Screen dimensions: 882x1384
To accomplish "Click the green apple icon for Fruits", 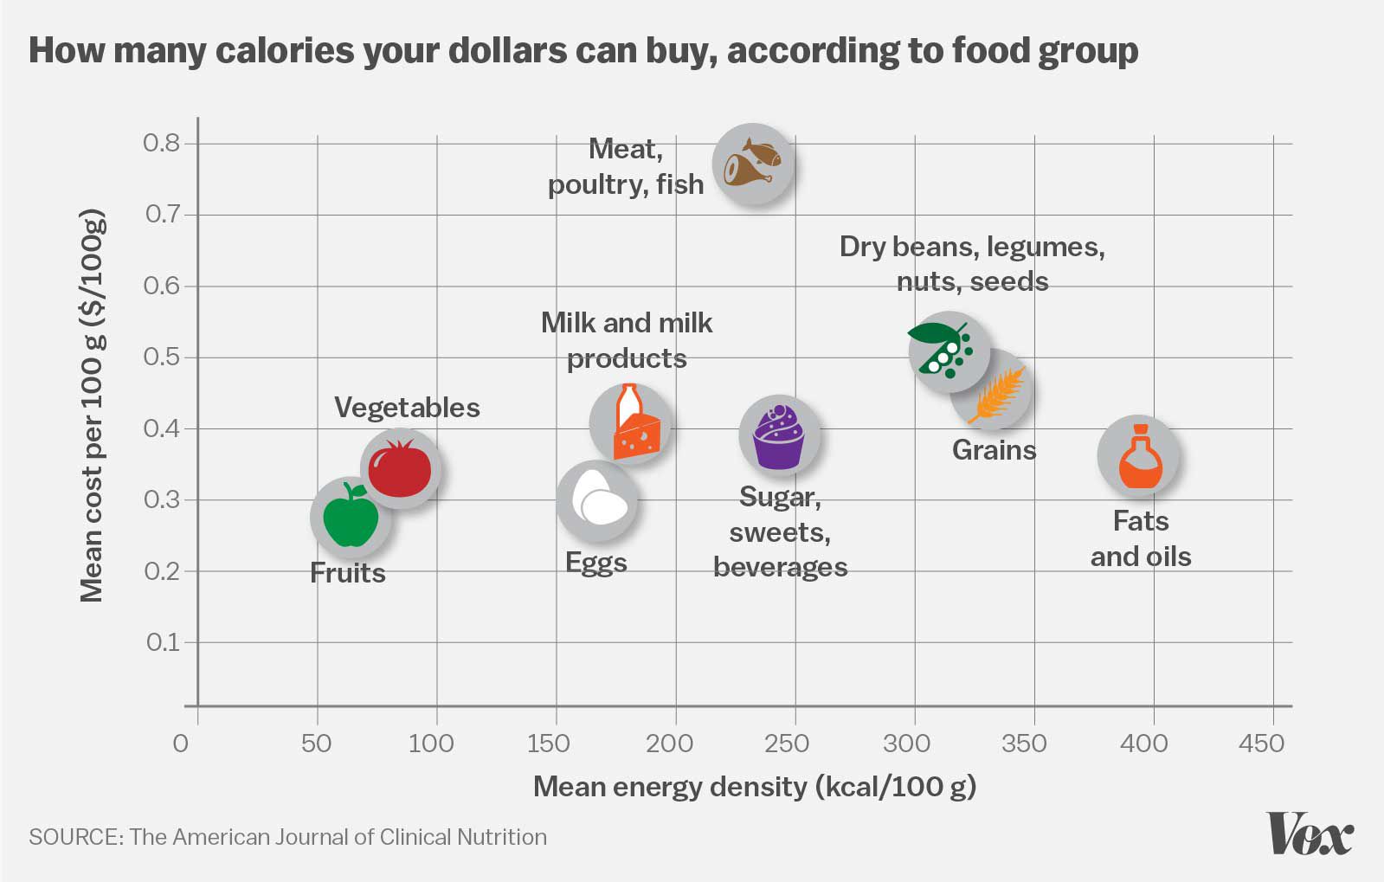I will pyautogui.click(x=351, y=518).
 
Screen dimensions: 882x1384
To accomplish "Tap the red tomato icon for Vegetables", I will pyautogui.click(x=400, y=468).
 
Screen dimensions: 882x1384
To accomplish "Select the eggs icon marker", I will pyautogui.click(x=596, y=500).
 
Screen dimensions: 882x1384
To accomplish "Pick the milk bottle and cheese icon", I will pyautogui.click(x=631, y=423).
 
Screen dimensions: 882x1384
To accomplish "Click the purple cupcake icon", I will pyautogui.click(x=779, y=435).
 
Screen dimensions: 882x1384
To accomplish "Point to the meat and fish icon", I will pyautogui.click(x=752, y=164).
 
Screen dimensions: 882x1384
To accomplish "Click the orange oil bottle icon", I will pyautogui.click(x=1139, y=456).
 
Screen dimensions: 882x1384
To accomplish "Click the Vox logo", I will pyautogui.click(x=1310, y=834).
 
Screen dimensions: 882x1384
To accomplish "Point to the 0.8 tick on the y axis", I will pyautogui.click(x=162, y=143).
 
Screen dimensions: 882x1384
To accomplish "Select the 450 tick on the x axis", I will pyautogui.click(x=1261, y=743).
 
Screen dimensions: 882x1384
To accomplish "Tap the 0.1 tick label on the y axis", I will pyautogui.click(x=162, y=642).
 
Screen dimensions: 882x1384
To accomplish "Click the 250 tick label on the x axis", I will pyautogui.click(x=787, y=743).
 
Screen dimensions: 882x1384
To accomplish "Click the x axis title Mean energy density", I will pyautogui.click(x=754, y=787).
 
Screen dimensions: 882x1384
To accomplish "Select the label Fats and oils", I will pyautogui.click(x=1141, y=538).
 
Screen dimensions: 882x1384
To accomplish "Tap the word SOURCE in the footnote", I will pyautogui.click(x=73, y=837).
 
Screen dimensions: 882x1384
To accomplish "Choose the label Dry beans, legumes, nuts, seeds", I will pyautogui.click(x=972, y=264).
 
